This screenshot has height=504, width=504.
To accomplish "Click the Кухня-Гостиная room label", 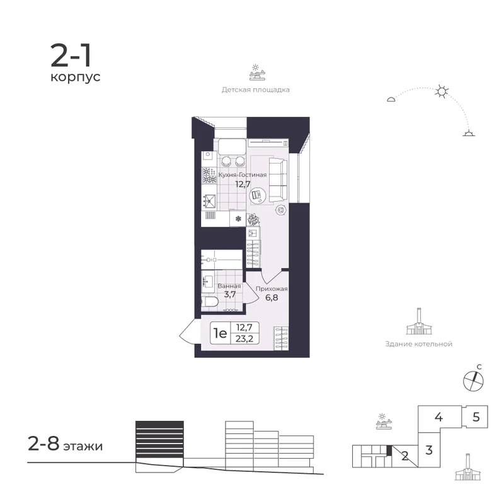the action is point(243,175).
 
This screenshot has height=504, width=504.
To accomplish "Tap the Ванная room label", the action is point(229,286).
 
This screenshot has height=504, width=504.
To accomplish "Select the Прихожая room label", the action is point(272,289).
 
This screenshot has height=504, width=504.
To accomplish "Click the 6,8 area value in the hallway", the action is point(272,297).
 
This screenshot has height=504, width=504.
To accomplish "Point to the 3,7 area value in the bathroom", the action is point(230,294).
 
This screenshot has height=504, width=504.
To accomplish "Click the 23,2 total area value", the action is point(244,338).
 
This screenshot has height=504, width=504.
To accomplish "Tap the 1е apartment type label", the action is point(220,333).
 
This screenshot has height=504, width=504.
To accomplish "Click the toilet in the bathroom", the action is point(209,302).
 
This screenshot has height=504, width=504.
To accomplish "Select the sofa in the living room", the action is point(278,180).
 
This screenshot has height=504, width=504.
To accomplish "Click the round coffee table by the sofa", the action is point(258,195).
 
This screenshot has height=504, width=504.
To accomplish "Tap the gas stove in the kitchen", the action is point(209,176).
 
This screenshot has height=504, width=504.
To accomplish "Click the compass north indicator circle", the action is point(473,381).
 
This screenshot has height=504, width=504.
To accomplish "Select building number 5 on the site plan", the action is point(476,417).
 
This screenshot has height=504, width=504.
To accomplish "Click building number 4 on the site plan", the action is point(438,417).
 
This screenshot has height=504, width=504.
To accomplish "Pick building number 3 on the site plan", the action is point(429,450).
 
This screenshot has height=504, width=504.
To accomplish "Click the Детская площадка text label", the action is point(256,89).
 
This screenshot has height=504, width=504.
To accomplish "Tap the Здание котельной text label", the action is point(418,344).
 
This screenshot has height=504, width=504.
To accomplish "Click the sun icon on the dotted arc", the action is point(442,91).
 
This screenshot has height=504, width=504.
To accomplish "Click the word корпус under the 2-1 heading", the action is point(76,77).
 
